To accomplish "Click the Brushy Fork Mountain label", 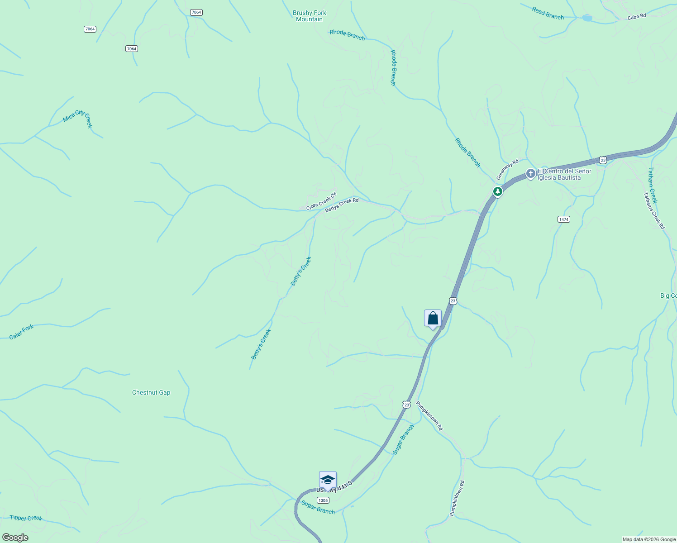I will (x=310, y=16).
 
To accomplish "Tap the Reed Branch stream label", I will (x=548, y=14).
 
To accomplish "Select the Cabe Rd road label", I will (x=636, y=17).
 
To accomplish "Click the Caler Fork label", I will (x=22, y=332).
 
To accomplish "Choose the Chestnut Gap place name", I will (x=151, y=392).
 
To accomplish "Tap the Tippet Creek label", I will (x=26, y=518).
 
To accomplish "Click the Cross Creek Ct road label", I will (x=321, y=201).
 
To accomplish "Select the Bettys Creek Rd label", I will (x=342, y=205).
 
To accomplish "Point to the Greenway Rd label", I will (x=507, y=169).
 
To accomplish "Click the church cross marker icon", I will (x=530, y=173).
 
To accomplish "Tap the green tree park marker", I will (x=498, y=191).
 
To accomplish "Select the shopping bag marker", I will (x=433, y=318).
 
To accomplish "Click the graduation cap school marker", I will (x=328, y=480).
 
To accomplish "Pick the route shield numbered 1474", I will (x=563, y=219).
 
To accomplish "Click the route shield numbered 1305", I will (x=323, y=500).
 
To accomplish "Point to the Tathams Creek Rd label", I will (x=654, y=211).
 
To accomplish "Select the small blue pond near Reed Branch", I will (x=587, y=18).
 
